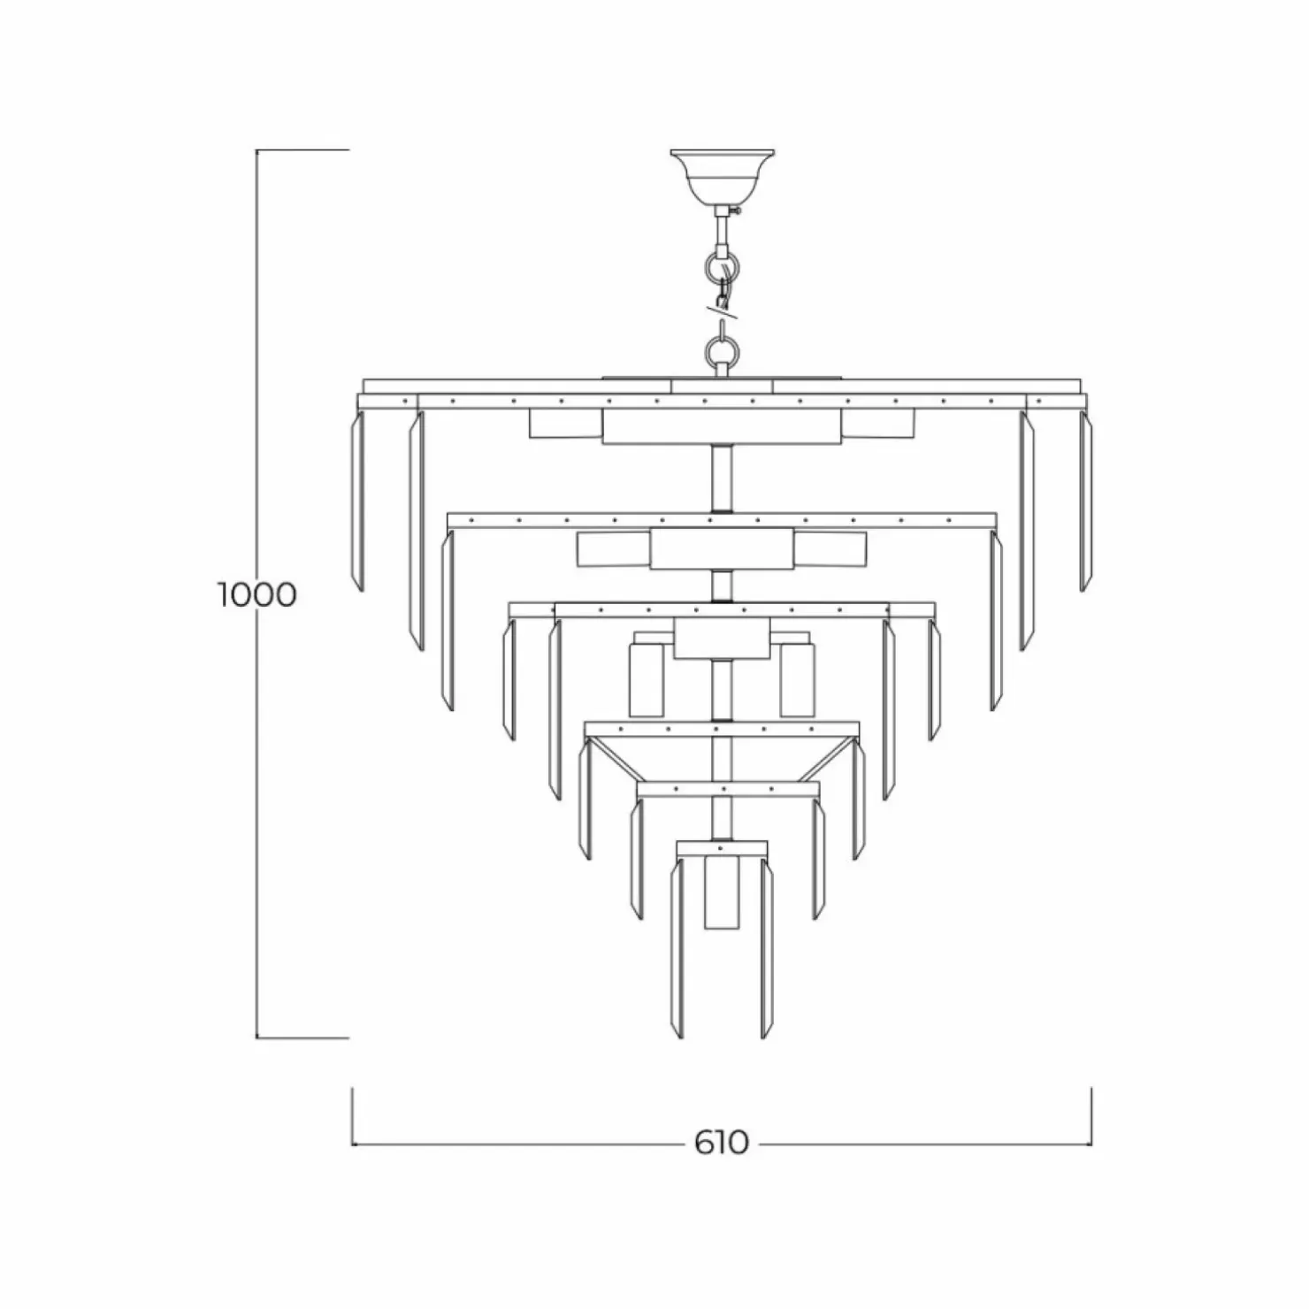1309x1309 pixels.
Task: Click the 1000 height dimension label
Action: (x=257, y=594)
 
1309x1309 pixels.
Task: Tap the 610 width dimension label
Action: (x=721, y=1143)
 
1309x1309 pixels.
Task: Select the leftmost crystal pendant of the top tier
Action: (x=358, y=501)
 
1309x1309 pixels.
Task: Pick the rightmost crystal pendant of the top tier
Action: (x=1085, y=501)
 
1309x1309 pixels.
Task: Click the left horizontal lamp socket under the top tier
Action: (x=565, y=423)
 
